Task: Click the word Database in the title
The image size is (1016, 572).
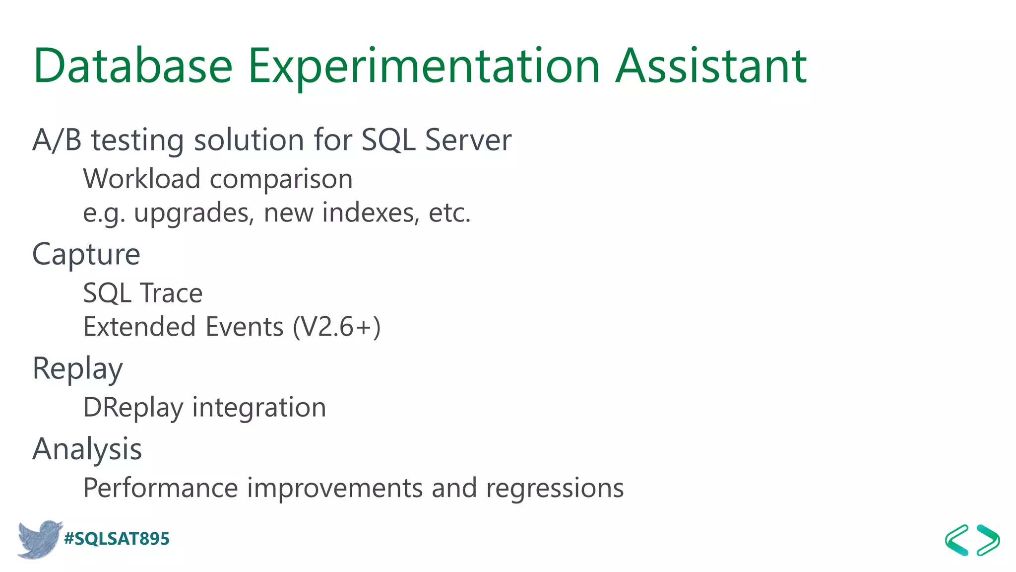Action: (x=132, y=66)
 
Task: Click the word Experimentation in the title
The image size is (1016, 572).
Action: (x=424, y=66)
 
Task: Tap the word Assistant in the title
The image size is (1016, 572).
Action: (x=711, y=66)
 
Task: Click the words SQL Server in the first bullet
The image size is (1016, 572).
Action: (x=436, y=140)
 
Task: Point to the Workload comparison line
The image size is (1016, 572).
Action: (x=218, y=179)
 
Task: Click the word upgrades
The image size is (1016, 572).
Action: (x=194, y=213)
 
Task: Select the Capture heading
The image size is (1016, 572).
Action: (x=86, y=255)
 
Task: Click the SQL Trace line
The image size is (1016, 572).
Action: (x=143, y=293)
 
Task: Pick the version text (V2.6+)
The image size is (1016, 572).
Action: (x=337, y=327)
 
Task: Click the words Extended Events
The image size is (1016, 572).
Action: (x=183, y=327)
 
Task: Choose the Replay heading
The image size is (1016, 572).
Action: (x=77, y=369)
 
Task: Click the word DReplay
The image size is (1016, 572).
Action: (x=133, y=408)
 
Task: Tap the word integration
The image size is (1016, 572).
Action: (x=259, y=408)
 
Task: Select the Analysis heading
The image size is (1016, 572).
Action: (x=87, y=449)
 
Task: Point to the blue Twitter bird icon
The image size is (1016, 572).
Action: (x=40, y=539)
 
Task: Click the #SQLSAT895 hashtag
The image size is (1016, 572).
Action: (x=117, y=539)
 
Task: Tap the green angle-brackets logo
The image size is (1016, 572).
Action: (x=972, y=540)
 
